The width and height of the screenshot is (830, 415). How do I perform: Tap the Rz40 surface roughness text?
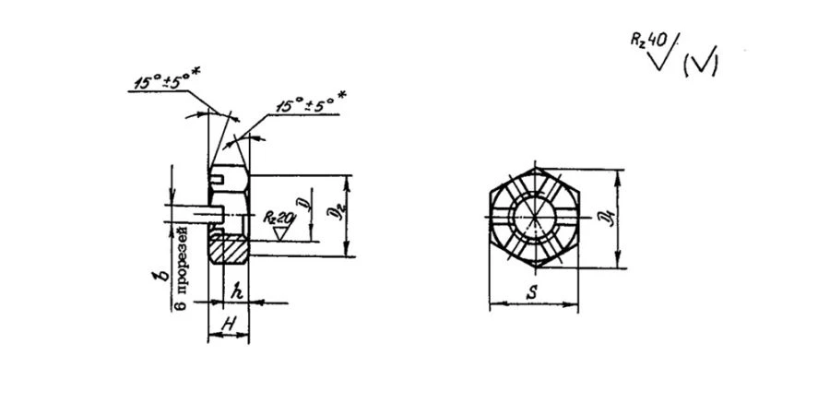pos(648,42)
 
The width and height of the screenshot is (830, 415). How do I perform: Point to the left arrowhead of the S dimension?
pos(492,304)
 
